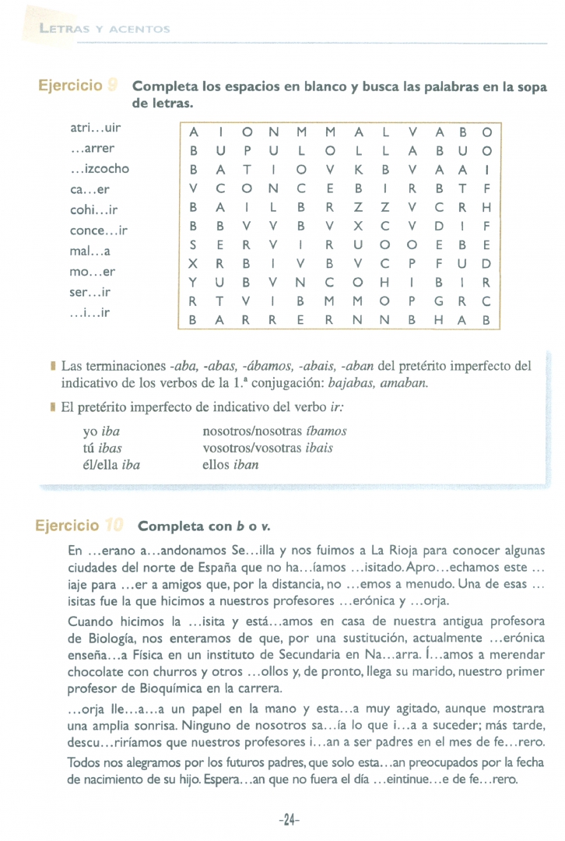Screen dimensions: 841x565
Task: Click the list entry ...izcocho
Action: [x=100, y=168]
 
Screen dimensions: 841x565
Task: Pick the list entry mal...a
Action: [x=89, y=252]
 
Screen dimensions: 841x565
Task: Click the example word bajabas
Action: [x=353, y=383]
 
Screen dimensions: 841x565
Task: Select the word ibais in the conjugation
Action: [x=318, y=448]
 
